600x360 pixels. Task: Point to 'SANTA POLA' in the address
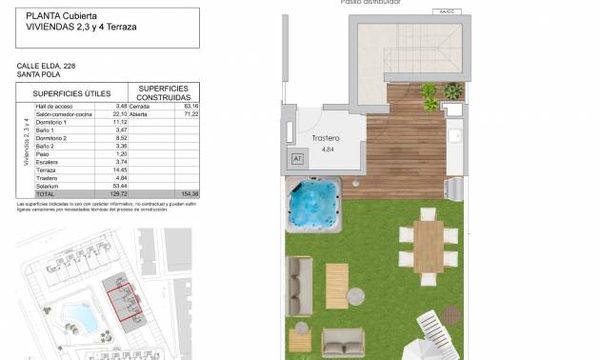click(x=39, y=73)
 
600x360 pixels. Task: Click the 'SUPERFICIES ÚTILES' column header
click(x=72, y=93)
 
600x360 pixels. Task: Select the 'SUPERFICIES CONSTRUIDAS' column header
click(x=162, y=93)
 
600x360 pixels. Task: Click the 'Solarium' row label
click(x=47, y=185)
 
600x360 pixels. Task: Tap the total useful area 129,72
click(x=118, y=193)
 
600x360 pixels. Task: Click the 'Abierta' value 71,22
click(x=190, y=113)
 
